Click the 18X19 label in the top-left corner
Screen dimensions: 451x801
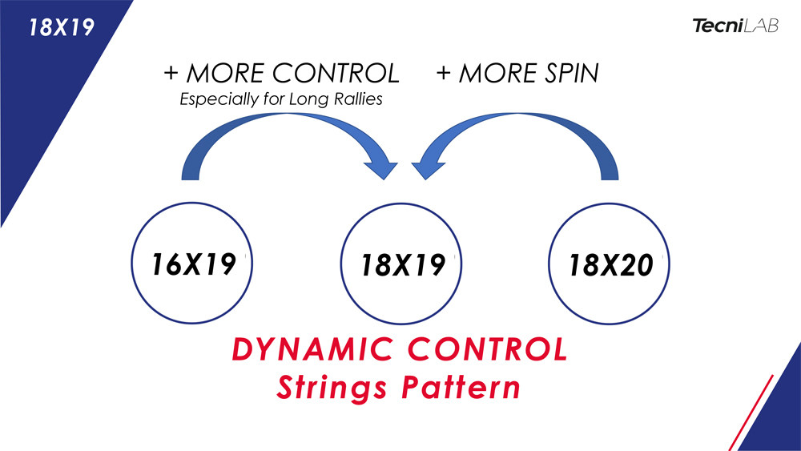coord(61,26)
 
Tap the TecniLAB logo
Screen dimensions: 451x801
coord(735,26)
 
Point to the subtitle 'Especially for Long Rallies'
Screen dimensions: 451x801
coord(280,100)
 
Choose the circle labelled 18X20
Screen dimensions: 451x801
coord(610,264)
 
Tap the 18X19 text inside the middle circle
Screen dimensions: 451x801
coord(403,264)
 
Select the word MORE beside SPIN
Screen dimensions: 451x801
coord(492,74)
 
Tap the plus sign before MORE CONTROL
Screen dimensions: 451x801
coord(171,74)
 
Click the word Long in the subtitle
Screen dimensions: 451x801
coord(307,100)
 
